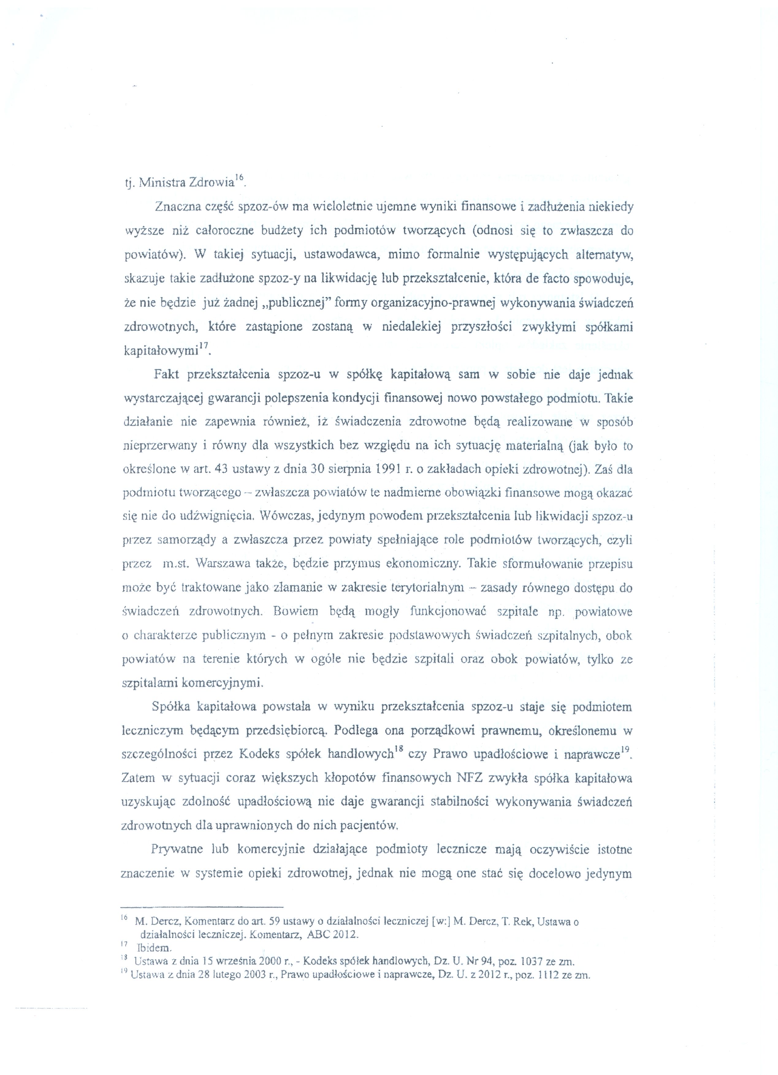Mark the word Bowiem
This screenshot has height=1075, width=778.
tap(296, 612)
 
